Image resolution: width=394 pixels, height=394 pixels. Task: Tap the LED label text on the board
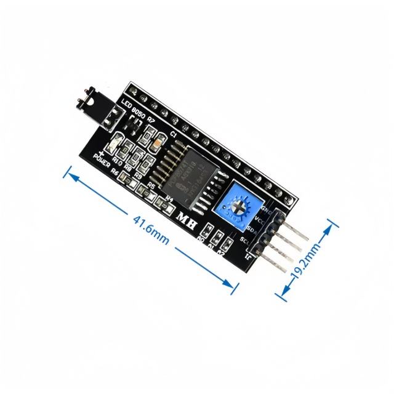tap(127, 104)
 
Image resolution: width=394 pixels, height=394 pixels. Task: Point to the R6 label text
tap(115, 173)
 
